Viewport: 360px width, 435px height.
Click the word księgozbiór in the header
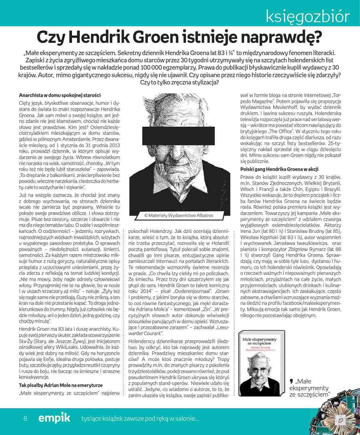click(308, 17)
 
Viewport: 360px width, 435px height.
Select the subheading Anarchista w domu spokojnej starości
click(60, 95)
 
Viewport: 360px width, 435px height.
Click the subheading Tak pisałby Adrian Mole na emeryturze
click(61, 385)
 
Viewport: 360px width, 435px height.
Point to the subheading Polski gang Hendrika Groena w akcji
click(279, 169)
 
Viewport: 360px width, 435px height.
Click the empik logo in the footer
click(54, 418)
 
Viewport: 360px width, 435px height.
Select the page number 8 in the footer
click(25, 419)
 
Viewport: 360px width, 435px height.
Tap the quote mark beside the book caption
click(291, 381)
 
